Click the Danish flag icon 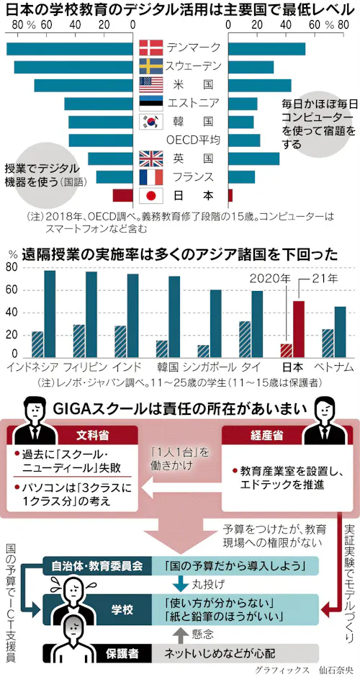(x=150, y=48)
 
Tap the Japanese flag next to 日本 (x=150, y=195)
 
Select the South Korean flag (x=150, y=122)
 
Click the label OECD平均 (x=193, y=140)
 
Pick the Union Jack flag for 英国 (x=150, y=158)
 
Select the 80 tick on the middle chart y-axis (x=12, y=267)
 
